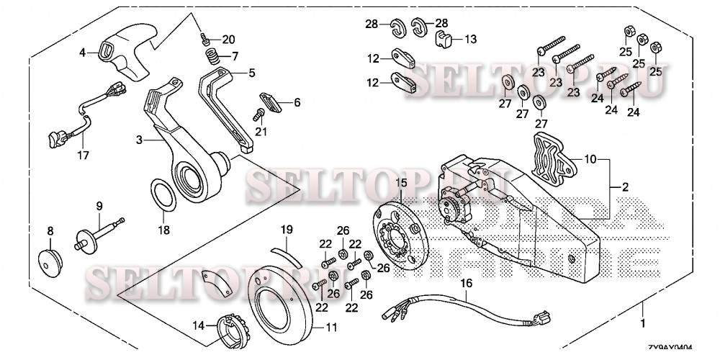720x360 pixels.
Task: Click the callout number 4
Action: pyautogui.click(x=83, y=52)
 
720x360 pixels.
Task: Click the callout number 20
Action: pyautogui.click(x=228, y=39)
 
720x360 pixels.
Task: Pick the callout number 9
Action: pyautogui.click(x=99, y=206)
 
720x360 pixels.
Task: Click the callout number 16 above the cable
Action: pyautogui.click(x=467, y=284)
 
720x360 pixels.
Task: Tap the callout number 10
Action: pyautogui.click(x=590, y=158)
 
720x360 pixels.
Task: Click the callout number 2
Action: pyautogui.click(x=625, y=186)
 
